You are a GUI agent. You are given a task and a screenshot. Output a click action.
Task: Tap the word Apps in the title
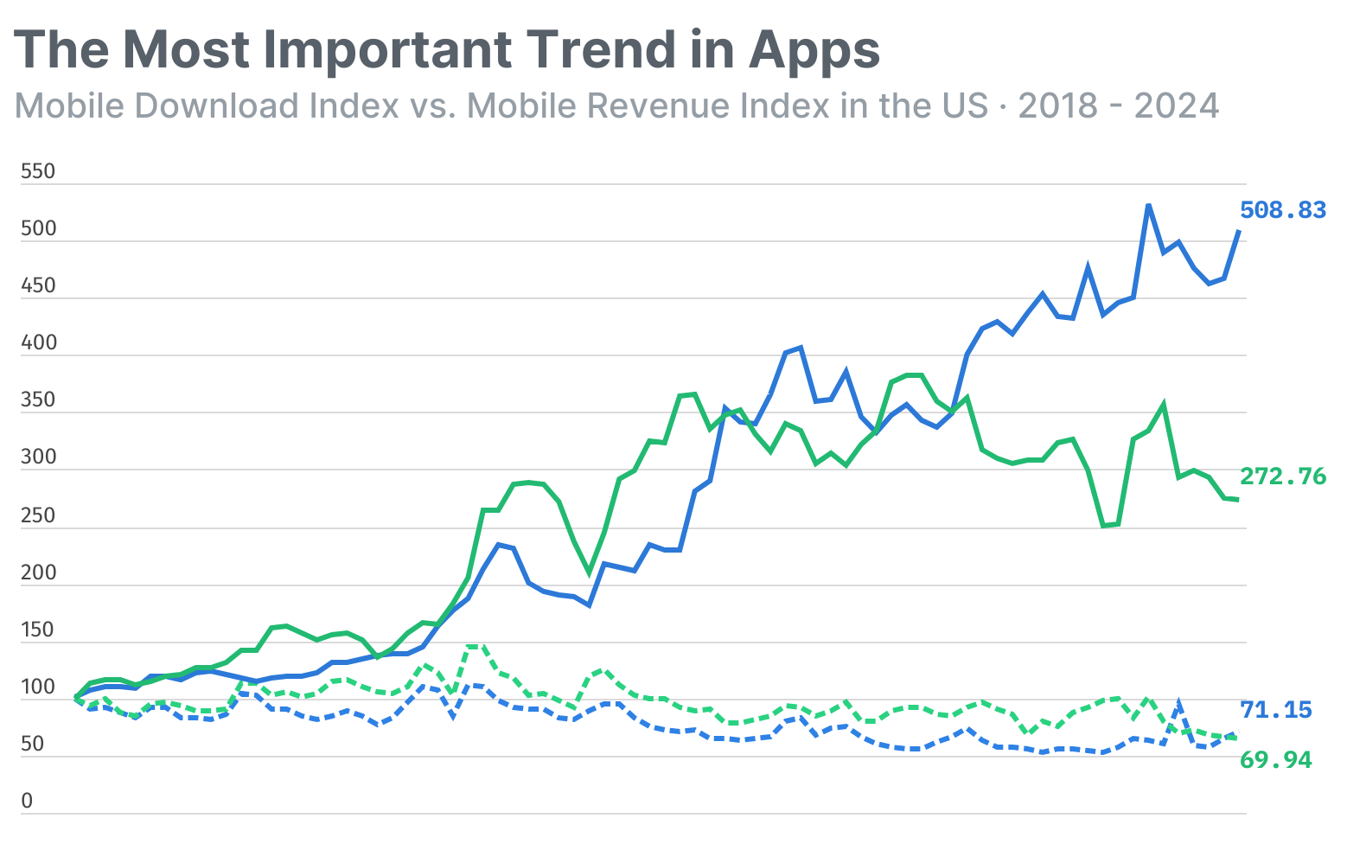click(814, 51)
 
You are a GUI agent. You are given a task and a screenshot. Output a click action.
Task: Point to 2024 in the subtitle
click(1177, 105)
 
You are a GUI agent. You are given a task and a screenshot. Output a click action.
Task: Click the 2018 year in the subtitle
click(1061, 105)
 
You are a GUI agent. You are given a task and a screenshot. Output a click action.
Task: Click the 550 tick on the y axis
click(37, 171)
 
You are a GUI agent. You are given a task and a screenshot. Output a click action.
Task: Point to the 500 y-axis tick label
click(37, 228)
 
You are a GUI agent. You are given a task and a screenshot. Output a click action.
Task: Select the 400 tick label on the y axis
click(37, 342)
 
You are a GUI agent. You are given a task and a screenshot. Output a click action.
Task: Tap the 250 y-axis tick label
click(37, 515)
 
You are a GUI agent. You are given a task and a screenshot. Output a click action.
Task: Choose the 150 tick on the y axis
click(37, 630)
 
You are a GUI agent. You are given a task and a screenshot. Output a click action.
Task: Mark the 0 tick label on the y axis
click(27, 801)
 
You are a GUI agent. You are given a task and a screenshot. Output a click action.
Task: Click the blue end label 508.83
click(1282, 210)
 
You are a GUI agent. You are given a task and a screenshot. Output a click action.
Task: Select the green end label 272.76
click(1282, 476)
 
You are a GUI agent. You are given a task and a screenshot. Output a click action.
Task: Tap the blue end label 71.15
click(1275, 710)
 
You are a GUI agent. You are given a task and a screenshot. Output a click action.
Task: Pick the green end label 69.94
click(1275, 760)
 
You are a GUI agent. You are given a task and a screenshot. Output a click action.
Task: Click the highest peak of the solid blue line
click(1148, 205)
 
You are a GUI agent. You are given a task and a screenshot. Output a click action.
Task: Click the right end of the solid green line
click(1238, 500)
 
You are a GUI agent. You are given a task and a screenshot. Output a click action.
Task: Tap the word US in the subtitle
click(964, 105)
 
